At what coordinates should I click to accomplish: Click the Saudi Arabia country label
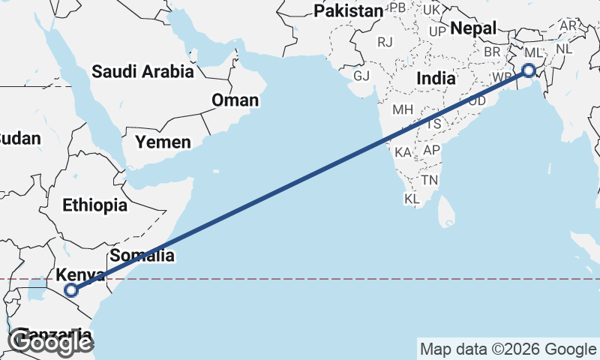[x=142, y=72]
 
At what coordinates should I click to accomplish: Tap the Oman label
[x=235, y=100]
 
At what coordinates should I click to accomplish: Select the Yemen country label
[x=163, y=141]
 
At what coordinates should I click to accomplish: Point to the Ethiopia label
[x=94, y=205]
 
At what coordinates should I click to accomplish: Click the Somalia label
[x=142, y=256]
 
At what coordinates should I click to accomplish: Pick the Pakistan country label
[x=348, y=11]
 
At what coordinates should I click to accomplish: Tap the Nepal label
[x=474, y=28]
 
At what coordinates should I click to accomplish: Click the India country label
[x=436, y=78]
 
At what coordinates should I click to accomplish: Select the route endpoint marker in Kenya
[x=71, y=290]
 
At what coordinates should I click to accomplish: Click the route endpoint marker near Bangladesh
[x=529, y=70]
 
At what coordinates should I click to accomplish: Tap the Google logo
[x=50, y=343]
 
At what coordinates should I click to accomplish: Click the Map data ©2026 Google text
[x=507, y=349]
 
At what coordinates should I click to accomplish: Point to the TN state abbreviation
[x=430, y=180]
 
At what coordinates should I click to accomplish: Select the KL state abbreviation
[x=412, y=199]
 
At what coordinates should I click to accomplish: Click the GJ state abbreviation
[x=362, y=76]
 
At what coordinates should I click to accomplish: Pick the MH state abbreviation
[x=403, y=109]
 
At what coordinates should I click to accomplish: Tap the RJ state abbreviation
[x=385, y=42]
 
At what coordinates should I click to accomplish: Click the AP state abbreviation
[x=431, y=150]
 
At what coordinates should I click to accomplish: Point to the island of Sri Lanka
[x=446, y=211]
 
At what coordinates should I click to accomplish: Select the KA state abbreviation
[x=403, y=152]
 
